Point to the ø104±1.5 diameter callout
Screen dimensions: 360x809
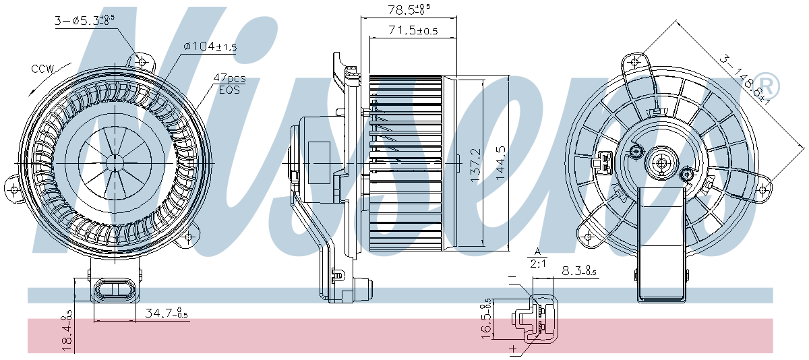pyautogui.click(x=210, y=47)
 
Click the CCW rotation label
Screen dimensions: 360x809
pyautogui.click(x=42, y=69)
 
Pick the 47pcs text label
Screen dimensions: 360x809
pyautogui.click(x=229, y=78)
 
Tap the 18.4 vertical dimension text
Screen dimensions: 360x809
pyautogui.click(x=67, y=330)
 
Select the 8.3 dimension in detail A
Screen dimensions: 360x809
pyautogui.click(x=578, y=272)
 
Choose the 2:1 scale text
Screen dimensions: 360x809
pyautogui.click(x=538, y=264)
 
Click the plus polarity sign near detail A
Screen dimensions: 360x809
pyautogui.click(x=514, y=349)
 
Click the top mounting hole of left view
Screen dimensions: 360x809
pyautogui.click(x=142, y=61)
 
